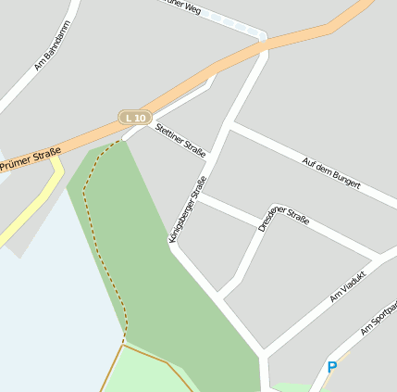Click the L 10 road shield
point(135,118)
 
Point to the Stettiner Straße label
point(180,138)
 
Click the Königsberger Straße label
point(187,210)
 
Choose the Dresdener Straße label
point(282,220)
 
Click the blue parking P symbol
point(332,368)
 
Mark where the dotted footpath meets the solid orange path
point(123,343)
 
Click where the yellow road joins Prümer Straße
point(57,159)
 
